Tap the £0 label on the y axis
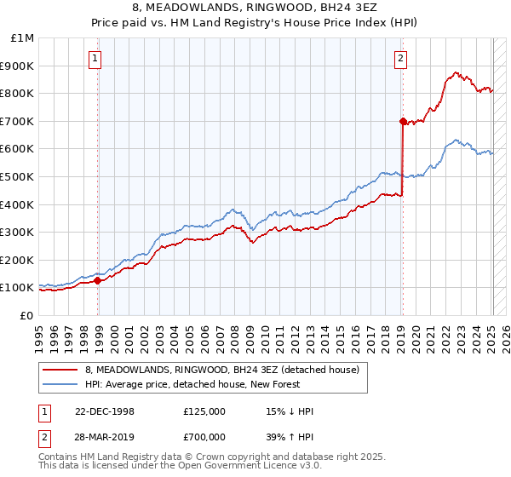click(27, 315)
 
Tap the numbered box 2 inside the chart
click(399, 59)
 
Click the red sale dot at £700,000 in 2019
click(403, 121)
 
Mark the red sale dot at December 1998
click(98, 280)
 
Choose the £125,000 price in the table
click(204, 411)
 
